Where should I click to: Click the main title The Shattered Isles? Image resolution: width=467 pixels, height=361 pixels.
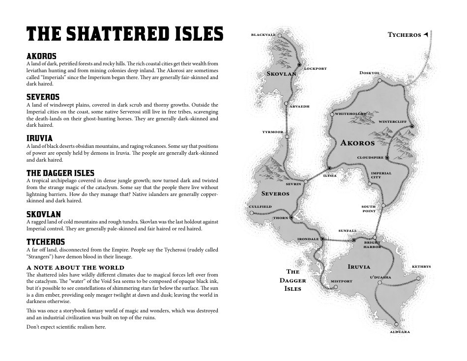tap(125, 34)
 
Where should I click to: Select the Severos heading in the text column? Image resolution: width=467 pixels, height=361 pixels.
tap(43, 97)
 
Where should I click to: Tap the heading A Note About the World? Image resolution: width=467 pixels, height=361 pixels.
tap(75, 268)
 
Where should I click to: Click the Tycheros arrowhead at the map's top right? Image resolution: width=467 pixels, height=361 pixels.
tap(426, 34)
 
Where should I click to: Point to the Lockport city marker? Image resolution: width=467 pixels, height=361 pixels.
tap(299, 65)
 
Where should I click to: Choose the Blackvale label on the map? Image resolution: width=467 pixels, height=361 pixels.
tap(263, 35)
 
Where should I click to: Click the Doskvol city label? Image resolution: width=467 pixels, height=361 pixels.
tap(370, 73)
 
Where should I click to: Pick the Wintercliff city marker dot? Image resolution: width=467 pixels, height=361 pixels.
tap(412, 126)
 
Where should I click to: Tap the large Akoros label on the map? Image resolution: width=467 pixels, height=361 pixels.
tap(357, 143)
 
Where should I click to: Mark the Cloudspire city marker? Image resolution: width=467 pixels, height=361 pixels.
tap(387, 158)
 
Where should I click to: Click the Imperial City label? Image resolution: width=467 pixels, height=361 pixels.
tap(381, 175)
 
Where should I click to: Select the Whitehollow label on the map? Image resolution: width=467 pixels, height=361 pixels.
tap(351, 114)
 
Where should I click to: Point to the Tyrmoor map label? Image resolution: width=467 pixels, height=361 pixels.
tap(273, 132)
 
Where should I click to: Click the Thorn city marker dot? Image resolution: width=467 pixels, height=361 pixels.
tap(292, 217)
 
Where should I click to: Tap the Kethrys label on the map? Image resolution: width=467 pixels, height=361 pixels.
tap(421, 267)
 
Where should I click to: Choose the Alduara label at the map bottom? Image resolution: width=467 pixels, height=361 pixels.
tap(400, 332)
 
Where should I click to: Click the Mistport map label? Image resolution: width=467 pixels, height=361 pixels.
tap(341, 281)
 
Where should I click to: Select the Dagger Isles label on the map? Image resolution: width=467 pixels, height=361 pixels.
tap(293, 280)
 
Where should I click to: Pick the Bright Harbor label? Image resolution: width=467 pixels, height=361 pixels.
tap(372, 245)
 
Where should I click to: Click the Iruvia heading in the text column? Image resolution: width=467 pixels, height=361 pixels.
tap(39, 139)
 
